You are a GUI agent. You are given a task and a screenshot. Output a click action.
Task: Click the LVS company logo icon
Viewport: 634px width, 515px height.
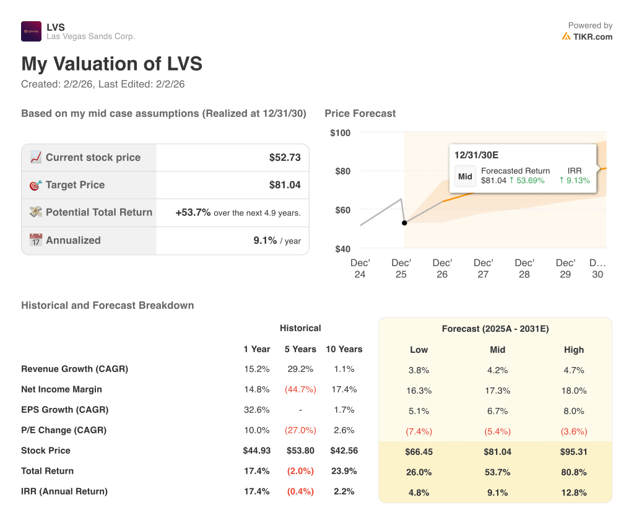pyautogui.click(x=31, y=32)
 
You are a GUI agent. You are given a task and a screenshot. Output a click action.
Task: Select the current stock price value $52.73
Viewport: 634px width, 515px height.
pyautogui.click(x=285, y=158)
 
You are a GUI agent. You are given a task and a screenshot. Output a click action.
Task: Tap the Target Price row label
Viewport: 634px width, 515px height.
pyautogui.click(x=75, y=185)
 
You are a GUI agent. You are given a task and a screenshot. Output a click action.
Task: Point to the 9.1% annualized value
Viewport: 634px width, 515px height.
pyautogui.click(x=265, y=240)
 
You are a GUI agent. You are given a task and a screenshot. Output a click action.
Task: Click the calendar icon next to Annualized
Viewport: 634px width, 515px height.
pyautogui.click(x=36, y=240)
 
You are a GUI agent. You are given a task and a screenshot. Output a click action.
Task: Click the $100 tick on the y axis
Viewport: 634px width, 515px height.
pyautogui.click(x=340, y=132)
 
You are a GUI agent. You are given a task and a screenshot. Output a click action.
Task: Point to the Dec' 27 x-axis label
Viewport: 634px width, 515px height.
pyautogui.click(x=483, y=269)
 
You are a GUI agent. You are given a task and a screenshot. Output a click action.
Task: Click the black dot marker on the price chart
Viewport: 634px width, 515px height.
pyautogui.click(x=404, y=223)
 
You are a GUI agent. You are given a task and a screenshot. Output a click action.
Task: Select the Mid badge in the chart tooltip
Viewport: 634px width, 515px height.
pyautogui.click(x=465, y=176)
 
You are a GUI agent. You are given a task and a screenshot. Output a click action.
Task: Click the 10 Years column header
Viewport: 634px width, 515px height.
pyautogui.click(x=344, y=349)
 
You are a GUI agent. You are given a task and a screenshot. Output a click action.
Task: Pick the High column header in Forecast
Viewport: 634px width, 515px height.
pyautogui.click(x=573, y=350)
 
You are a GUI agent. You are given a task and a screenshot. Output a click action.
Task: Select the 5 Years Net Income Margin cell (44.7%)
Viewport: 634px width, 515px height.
pyautogui.click(x=300, y=389)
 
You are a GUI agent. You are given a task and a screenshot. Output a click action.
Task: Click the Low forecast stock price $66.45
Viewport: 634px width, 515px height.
pyautogui.click(x=419, y=452)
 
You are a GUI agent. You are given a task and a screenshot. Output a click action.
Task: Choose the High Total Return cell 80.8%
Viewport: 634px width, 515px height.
pyautogui.click(x=573, y=472)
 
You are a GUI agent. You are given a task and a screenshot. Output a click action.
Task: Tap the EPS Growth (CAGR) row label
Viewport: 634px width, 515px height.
pyautogui.click(x=64, y=410)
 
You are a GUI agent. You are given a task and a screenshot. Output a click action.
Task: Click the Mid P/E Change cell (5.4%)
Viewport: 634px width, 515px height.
pyautogui.click(x=497, y=431)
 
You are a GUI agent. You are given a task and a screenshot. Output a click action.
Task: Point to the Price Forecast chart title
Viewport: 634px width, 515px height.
pyautogui.click(x=360, y=113)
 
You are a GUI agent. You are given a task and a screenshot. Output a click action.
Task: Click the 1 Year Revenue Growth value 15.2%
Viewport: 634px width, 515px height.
pyautogui.click(x=256, y=369)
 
